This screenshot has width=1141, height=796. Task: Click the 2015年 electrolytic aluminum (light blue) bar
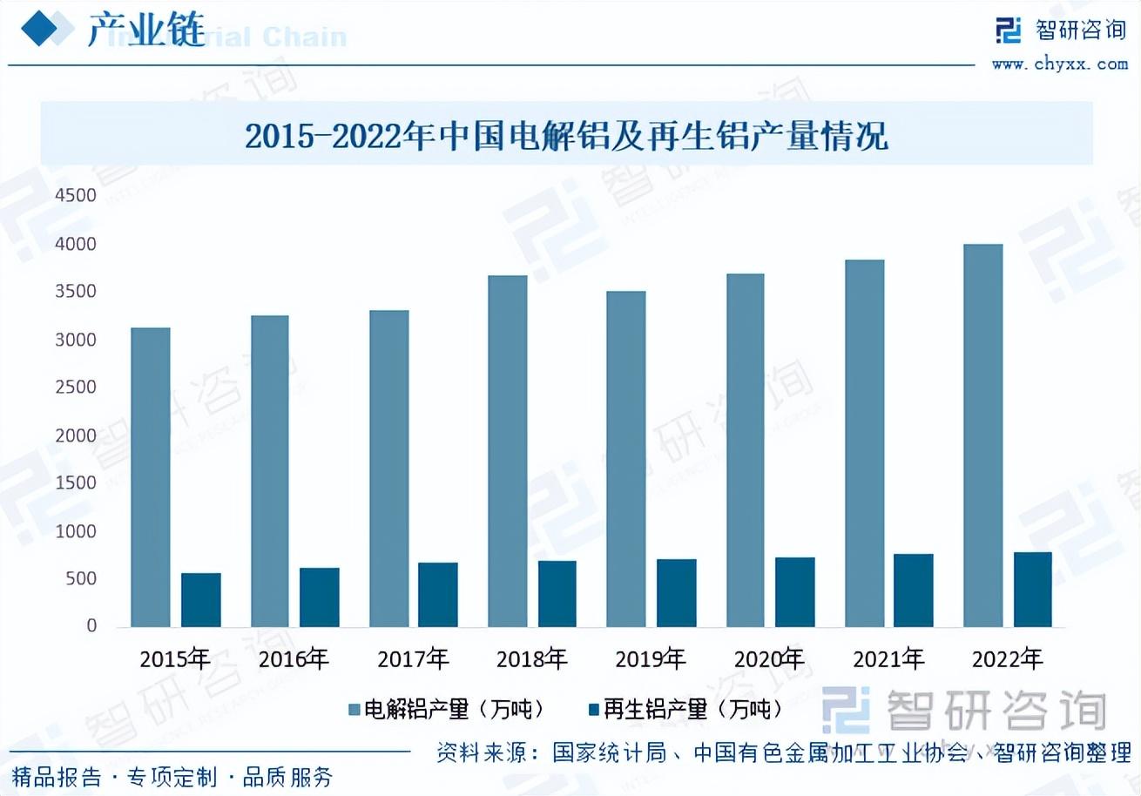click(150, 476)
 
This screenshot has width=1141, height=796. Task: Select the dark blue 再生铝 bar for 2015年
click(200, 600)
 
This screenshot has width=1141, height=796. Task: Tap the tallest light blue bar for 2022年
click(982, 435)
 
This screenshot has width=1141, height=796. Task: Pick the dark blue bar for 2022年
click(1032, 590)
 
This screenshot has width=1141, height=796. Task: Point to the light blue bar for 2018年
click(507, 451)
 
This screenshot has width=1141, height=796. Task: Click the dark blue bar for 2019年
click(676, 593)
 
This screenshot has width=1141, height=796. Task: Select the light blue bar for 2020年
click(745, 450)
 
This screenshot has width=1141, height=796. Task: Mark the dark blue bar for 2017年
click(437, 595)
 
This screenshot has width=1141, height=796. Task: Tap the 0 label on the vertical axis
click(91, 626)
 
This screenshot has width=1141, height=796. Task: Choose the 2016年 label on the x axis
click(294, 659)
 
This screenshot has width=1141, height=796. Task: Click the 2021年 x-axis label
click(888, 659)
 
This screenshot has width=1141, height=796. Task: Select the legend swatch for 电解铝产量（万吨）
click(354, 710)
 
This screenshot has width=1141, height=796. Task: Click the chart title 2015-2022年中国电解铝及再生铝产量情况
click(566, 137)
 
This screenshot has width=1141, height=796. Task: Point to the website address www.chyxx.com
click(1059, 64)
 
